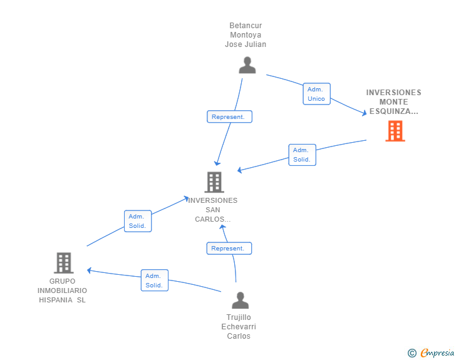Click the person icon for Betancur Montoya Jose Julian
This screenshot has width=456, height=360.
(247, 65)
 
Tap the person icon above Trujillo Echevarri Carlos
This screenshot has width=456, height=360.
(240, 301)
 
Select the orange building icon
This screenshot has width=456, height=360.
(395, 131)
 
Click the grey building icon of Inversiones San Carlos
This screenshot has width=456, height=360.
(214, 182)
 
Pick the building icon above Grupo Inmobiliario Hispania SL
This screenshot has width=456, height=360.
(63, 263)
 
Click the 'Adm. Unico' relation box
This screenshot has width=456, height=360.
(316, 94)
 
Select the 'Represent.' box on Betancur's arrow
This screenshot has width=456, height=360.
(229, 116)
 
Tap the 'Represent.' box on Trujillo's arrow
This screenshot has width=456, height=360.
(229, 248)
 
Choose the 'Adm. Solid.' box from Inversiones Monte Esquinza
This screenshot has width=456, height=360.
(302, 155)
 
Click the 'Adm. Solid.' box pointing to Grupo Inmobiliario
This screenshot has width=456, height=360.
(154, 280)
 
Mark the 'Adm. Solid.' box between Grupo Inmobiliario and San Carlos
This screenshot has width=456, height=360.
(137, 221)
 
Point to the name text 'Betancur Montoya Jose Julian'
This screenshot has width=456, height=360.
(246, 35)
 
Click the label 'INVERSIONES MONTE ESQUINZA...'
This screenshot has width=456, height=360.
(393, 101)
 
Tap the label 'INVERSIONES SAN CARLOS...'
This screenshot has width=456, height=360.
(213, 210)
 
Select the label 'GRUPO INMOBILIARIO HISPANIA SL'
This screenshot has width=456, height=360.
(62, 291)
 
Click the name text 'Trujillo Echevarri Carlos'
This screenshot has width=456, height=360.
(239, 327)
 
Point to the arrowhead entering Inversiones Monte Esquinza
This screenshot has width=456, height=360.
(364, 113)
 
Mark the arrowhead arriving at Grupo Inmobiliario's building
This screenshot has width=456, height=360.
(90, 270)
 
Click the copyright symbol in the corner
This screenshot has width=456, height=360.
(412, 353)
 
